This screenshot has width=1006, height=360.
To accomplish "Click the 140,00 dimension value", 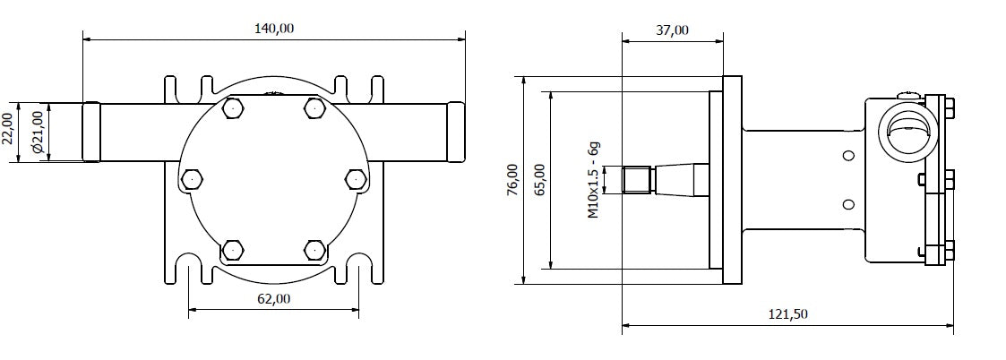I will click(x=274, y=28).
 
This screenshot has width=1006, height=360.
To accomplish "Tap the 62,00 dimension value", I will click(x=274, y=299).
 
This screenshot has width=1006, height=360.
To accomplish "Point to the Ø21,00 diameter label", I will click(x=37, y=131).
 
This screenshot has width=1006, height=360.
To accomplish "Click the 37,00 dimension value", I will click(x=672, y=30).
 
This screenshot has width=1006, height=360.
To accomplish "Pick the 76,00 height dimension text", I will click(x=512, y=180).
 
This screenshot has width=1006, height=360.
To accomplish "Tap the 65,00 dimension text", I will click(x=537, y=180).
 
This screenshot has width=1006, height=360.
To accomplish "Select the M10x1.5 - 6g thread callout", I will click(x=593, y=180).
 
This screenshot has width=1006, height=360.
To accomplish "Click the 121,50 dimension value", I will click(x=787, y=313).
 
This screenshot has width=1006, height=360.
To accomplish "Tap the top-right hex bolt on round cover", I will click(x=313, y=108).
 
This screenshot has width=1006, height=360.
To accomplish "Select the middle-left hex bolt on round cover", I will click(x=191, y=179).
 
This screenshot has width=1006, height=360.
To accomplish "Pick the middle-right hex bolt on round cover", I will click(x=356, y=179).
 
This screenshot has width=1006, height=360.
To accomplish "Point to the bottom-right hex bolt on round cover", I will click(x=313, y=250).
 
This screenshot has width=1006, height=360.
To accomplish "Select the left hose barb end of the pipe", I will click(x=90, y=131).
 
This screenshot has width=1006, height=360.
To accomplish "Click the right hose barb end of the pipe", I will click(x=456, y=131).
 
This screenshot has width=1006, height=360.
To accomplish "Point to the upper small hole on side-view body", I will click(x=847, y=155).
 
